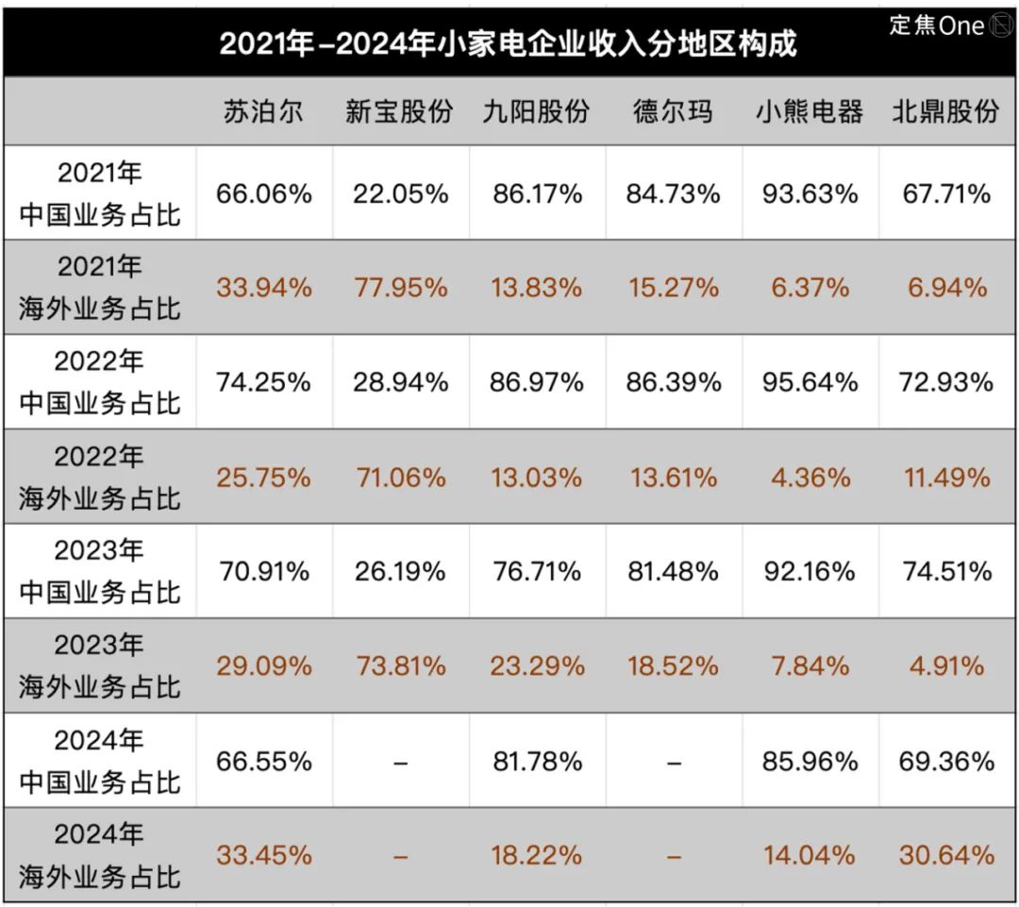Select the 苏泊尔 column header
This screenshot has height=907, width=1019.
coord(263,112)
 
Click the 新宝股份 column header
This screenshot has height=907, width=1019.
coord(399,112)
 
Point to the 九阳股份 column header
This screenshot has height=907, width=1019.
coord(536,112)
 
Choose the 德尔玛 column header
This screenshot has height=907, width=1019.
coord(673,112)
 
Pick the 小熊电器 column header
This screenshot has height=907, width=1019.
coord(810,112)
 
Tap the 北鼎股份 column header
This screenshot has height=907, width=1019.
coord(946,112)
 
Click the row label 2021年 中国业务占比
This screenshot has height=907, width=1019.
coord(99,194)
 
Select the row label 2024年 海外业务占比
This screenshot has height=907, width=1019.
coord(99,855)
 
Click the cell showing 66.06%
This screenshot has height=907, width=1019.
coord(263,194)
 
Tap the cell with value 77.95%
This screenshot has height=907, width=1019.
coord(400,288)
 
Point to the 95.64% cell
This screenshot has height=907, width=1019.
coord(810,382)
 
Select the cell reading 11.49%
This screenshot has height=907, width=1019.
coord(946,478)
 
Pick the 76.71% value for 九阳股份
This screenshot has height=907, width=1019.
coord(536,572)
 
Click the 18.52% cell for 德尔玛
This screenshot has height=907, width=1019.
coord(673,666)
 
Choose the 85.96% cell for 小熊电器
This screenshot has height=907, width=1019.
coord(810,761)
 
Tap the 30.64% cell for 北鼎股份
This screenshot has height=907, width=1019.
coord(946,855)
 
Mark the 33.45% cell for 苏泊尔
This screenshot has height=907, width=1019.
coord(263,855)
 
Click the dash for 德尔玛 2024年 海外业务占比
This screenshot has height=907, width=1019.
coord(673,856)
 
